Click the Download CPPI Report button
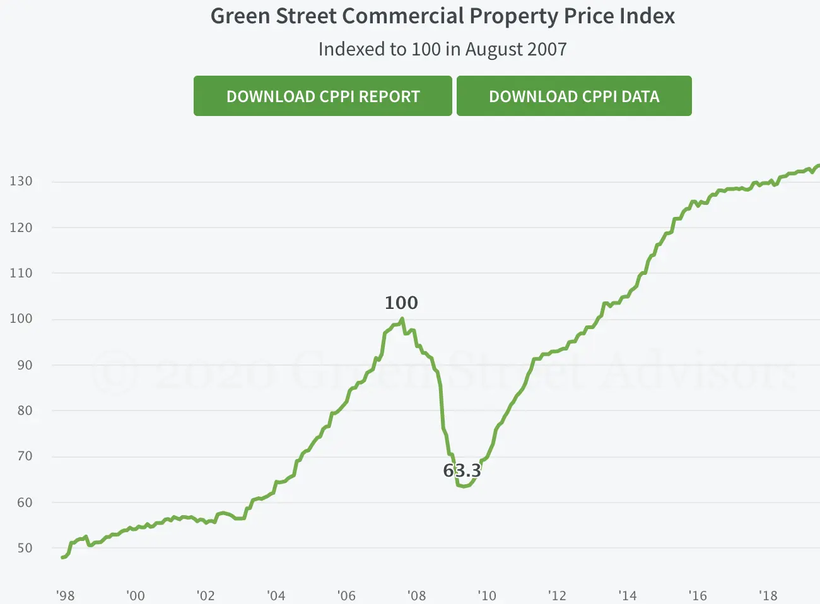pyautogui.click(x=322, y=96)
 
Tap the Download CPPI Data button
pyautogui.click(x=574, y=96)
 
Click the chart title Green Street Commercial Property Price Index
pyautogui.click(x=442, y=16)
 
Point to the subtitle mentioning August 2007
pyautogui.click(x=442, y=49)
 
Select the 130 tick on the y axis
pyautogui.click(x=21, y=181)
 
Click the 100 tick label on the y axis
pyautogui.click(x=21, y=318)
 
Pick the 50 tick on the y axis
pyautogui.click(x=25, y=548)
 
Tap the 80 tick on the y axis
pyautogui.click(x=25, y=410)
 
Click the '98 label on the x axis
pyautogui.click(x=65, y=596)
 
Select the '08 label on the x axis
pyautogui.click(x=416, y=596)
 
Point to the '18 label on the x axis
pyautogui.click(x=768, y=596)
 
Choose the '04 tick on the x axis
pyautogui.click(x=276, y=596)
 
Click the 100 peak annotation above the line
pyautogui.click(x=401, y=303)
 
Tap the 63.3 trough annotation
pyautogui.click(x=462, y=470)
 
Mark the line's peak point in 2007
pyautogui.click(x=402, y=319)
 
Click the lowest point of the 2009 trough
pyautogui.click(x=464, y=486)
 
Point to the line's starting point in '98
pyautogui.click(x=62, y=557)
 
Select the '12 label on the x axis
pyautogui.click(x=557, y=596)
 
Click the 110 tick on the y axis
pyautogui.click(x=21, y=273)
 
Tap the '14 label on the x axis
pyautogui.click(x=627, y=596)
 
